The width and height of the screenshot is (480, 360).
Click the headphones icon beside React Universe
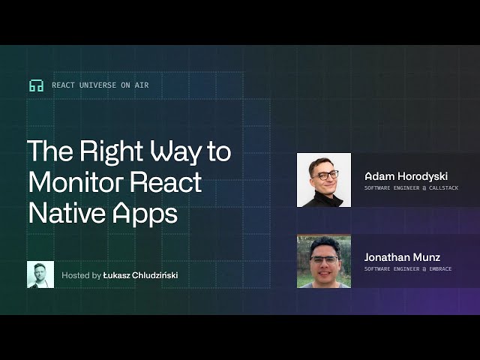pos(36,85)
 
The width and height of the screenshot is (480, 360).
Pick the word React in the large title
pos(166,182)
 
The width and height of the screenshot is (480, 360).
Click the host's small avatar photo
pos(40,274)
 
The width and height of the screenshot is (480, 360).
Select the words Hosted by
pos(81,275)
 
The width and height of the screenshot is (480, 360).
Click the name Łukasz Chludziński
pos(140,275)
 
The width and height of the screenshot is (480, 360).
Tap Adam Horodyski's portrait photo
pos(324,180)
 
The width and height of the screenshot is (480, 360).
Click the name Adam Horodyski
pos(406,175)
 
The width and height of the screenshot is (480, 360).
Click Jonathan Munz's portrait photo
pos(324,261)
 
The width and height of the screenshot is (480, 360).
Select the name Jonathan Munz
pos(401,256)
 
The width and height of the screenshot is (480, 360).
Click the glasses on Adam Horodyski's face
pos(325,175)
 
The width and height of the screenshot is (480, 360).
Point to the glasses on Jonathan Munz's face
pos(324,259)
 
